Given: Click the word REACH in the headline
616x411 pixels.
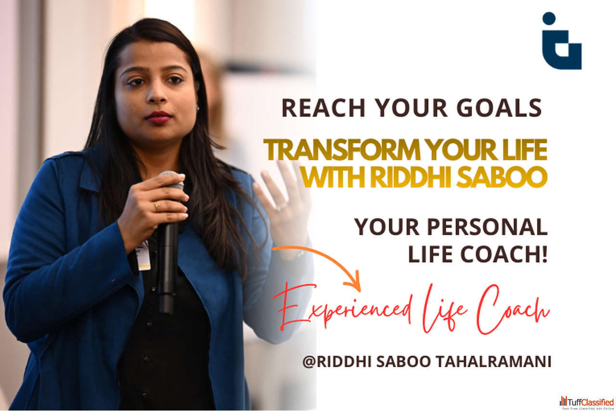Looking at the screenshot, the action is pos(324,108).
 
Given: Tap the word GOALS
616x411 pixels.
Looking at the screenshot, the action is pos(499,108).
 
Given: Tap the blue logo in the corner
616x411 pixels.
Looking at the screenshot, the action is pos(562,40).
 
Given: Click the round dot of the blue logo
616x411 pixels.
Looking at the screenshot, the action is pos(549,18).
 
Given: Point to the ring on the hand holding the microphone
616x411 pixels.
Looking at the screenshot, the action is pos(157,206).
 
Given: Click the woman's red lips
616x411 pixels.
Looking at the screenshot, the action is pos(158,117).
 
